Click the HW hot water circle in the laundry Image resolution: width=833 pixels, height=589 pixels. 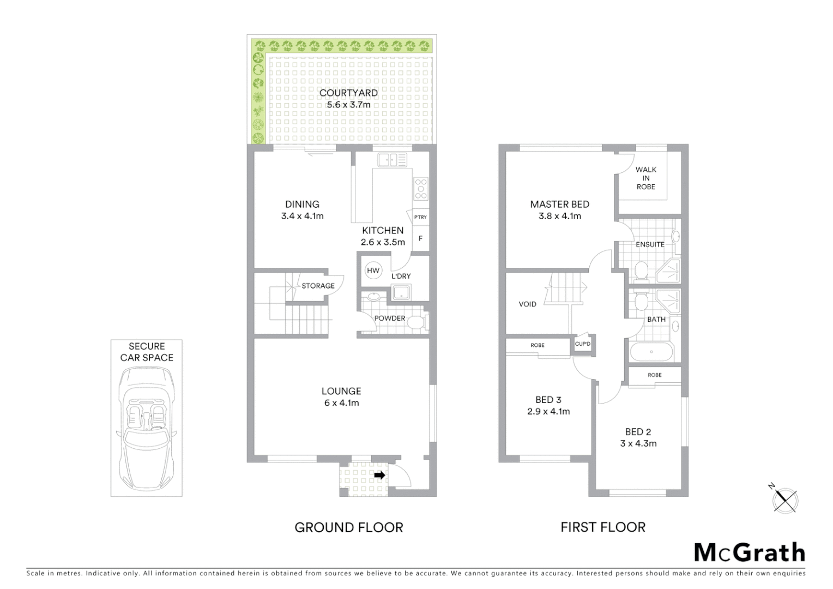pos(373,271)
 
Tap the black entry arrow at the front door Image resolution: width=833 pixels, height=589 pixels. pos(379,475)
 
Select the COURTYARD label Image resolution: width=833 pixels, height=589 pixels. pos(348,93)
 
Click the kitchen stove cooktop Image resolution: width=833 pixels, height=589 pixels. pos(421,188)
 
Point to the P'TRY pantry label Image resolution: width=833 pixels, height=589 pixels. pos(420,217)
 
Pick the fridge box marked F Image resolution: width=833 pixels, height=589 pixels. pos(420,238)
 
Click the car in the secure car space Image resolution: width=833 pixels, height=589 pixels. pos(146,425)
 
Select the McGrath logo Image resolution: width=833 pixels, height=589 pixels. pos(750,552)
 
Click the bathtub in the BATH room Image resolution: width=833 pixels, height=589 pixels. pos(651,352)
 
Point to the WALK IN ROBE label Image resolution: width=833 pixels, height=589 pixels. pos(646,178)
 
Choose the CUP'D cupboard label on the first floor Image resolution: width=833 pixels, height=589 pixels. pos(583,345)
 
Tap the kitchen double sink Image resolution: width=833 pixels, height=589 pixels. pos(393,160)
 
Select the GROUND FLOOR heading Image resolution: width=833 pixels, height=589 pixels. pos(349,527)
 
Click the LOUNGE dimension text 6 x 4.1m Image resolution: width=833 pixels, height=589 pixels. pos(341,403)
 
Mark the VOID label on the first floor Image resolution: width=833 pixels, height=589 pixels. pos(527,304)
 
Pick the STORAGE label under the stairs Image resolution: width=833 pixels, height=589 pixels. pos(318,286)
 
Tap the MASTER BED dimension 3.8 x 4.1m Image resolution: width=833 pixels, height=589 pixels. pos(559,216)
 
